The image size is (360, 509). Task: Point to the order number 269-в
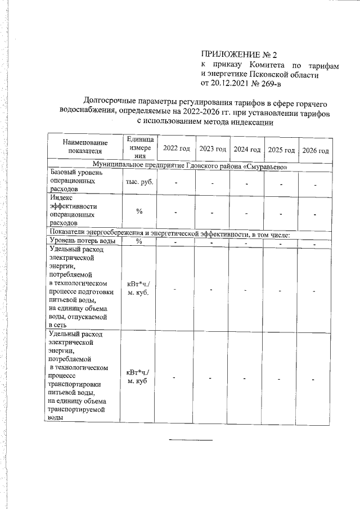pos(269,84)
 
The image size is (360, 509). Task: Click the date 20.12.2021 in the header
pos(231,84)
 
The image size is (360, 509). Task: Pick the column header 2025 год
pos(281,150)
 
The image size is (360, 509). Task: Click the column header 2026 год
pos(315,150)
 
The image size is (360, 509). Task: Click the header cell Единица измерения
pos(140,147)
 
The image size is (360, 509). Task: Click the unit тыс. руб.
pos(140,182)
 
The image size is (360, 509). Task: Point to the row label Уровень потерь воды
pos(83,241)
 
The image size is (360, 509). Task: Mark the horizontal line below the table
pos(191,439)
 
